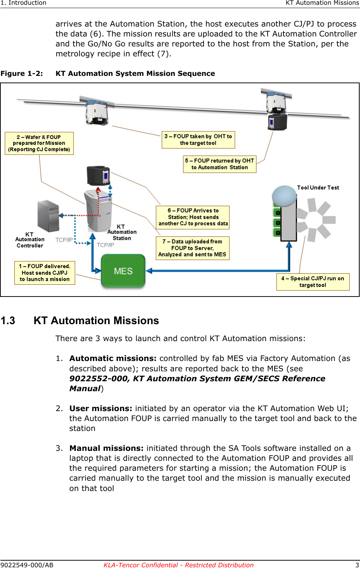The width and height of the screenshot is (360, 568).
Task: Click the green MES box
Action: click(123, 271)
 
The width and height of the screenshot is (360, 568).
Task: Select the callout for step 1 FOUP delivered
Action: click(45, 273)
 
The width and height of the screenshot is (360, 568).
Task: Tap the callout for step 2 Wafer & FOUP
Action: click(39, 143)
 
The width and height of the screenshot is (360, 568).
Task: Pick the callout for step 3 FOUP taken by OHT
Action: click(198, 140)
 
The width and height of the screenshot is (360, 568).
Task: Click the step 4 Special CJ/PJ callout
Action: click(313, 282)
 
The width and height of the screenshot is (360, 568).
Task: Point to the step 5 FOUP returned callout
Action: click(219, 164)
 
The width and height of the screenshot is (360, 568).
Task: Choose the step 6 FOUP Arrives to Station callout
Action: click(193, 217)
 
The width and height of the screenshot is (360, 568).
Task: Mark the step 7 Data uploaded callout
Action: click(193, 248)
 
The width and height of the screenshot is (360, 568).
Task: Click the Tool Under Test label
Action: click(318, 187)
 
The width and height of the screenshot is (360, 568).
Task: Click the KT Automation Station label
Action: click(121, 232)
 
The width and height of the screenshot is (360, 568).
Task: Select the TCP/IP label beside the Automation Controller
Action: click(64, 240)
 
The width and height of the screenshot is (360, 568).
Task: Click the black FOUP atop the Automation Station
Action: click(98, 175)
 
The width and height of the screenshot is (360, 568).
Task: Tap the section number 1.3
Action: click(8, 320)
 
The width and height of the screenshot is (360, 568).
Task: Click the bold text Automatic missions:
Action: click(113, 358)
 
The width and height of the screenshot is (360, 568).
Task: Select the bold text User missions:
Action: click(100, 409)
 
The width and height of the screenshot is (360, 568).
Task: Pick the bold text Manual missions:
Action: click(106, 448)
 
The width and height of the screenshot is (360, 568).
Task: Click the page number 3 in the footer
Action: click(357, 565)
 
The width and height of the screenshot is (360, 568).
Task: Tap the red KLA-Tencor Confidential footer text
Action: click(179, 565)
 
